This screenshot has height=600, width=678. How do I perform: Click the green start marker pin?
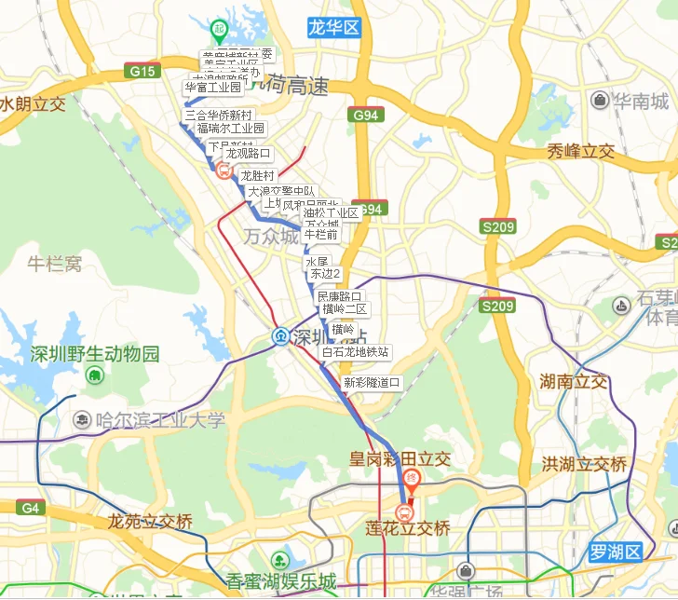click(x=219, y=30)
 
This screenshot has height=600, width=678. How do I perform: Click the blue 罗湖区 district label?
click(x=616, y=552)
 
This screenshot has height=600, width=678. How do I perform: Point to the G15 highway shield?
click(x=144, y=71)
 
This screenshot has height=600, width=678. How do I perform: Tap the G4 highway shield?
click(x=30, y=508)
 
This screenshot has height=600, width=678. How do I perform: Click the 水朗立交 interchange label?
click(x=34, y=103)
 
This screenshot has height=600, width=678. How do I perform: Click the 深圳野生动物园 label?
click(x=95, y=354)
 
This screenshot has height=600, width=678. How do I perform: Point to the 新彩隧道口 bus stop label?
click(x=372, y=382)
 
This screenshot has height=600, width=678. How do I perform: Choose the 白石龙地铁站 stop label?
click(x=356, y=351)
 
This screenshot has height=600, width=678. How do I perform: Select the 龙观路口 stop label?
click(x=249, y=154)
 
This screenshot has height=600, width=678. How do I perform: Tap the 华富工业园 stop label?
click(x=213, y=88)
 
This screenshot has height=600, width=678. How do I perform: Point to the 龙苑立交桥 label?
click(x=149, y=522)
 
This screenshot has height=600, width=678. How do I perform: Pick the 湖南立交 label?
click(x=574, y=382)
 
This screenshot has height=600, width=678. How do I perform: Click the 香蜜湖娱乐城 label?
click(x=280, y=582)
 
